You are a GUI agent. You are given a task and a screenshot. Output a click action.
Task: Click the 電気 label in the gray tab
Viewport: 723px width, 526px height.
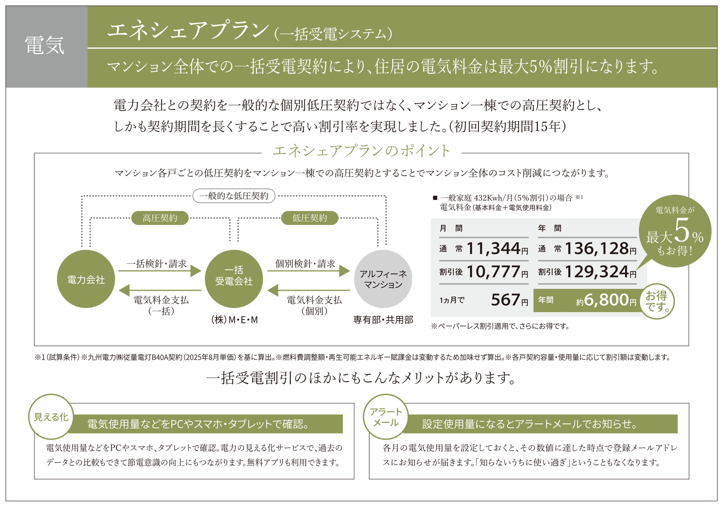[x=45, y=45]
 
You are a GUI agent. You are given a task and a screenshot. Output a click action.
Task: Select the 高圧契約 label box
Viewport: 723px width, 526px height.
[x=160, y=218]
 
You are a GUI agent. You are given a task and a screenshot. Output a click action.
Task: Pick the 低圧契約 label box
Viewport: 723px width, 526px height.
[x=310, y=218]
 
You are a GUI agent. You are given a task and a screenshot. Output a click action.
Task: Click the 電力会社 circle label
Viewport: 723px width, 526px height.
[x=86, y=280]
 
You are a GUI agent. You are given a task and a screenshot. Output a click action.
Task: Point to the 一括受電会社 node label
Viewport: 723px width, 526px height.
[x=234, y=276]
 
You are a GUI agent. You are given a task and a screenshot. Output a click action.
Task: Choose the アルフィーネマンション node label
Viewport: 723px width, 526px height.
[x=383, y=279]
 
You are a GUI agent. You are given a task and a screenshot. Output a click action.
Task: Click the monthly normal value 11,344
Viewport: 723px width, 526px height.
[x=493, y=249]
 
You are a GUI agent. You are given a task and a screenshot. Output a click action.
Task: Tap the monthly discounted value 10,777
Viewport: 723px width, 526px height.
[x=493, y=272]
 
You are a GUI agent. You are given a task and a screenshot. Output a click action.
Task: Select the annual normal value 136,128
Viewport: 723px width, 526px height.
[x=596, y=249]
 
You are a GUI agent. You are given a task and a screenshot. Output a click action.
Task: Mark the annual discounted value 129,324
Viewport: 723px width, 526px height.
[x=596, y=272]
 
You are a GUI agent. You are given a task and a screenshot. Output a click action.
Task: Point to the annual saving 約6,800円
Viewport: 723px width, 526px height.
[x=606, y=300]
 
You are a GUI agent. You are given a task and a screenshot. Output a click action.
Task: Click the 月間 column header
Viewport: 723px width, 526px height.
[x=451, y=228]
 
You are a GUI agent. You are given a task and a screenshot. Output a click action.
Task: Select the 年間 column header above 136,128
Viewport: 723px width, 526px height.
[x=549, y=228]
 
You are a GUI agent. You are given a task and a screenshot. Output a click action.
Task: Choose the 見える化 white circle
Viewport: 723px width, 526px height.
[x=51, y=417]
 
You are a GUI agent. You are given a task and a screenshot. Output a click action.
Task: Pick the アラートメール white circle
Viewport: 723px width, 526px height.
[x=386, y=417]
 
